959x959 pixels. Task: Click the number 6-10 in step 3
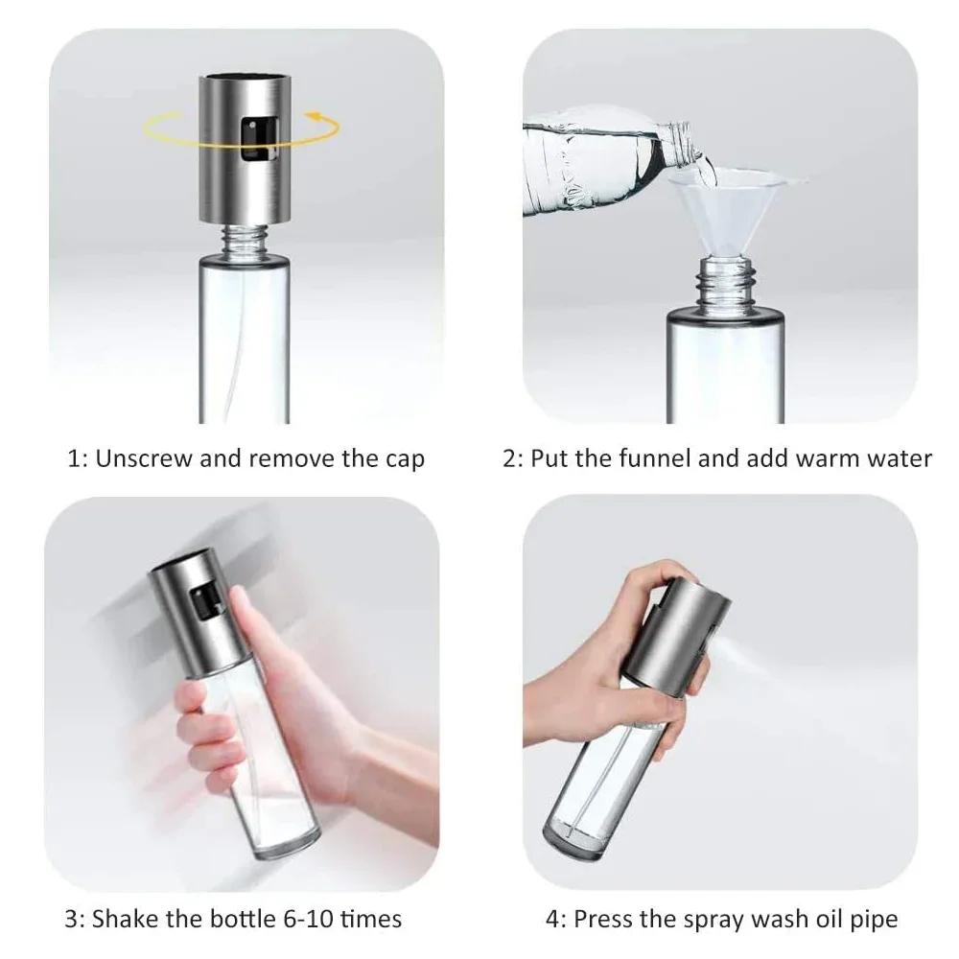[x=305, y=919]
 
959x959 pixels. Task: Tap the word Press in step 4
[x=606, y=919]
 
